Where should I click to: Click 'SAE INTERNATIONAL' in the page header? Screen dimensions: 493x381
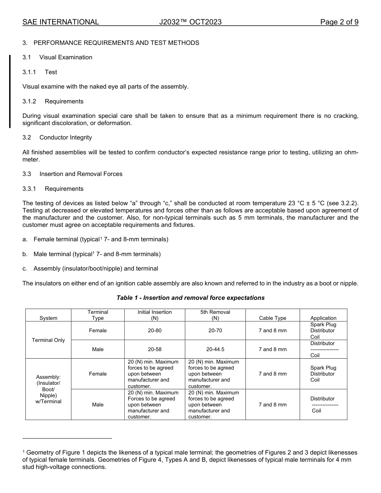click(x=61, y=22)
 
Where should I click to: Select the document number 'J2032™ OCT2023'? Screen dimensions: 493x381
click(x=190, y=22)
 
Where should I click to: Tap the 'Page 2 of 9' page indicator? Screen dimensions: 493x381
click(x=339, y=22)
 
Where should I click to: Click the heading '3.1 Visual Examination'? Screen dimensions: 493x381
click(x=57, y=57)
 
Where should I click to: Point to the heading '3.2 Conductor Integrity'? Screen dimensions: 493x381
click(x=57, y=137)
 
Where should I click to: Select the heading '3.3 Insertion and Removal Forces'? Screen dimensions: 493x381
click(x=72, y=174)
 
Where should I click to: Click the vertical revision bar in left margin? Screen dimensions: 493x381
click(x=10, y=91)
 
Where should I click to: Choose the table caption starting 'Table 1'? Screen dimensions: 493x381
click(x=190, y=298)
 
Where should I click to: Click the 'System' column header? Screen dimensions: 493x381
click(x=48, y=318)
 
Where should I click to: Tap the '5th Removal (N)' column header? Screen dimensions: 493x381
click(x=215, y=315)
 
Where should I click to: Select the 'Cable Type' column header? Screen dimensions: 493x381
click(x=272, y=318)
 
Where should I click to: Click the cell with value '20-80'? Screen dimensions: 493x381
click(x=154, y=331)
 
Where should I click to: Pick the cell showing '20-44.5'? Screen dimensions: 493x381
click(x=215, y=349)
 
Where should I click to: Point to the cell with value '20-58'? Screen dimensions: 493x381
click(x=154, y=349)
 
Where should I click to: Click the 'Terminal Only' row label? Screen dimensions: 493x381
click(x=48, y=340)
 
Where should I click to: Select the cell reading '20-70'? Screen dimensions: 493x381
click(x=215, y=331)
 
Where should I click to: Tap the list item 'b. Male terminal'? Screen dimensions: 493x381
click(x=91, y=254)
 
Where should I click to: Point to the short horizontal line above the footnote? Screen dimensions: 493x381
click(x=67, y=438)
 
